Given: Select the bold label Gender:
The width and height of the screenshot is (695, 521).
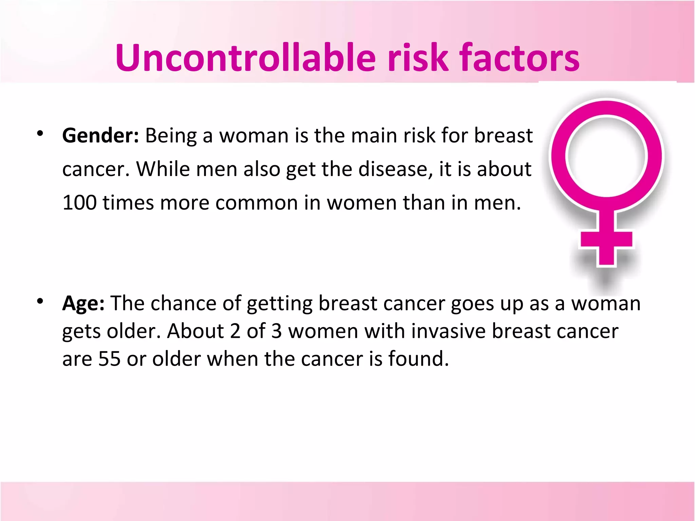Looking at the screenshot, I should click(100, 136).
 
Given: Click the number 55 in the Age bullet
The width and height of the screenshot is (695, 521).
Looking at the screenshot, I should click(109, 359).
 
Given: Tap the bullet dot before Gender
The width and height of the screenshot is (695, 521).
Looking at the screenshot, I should click(40, 133).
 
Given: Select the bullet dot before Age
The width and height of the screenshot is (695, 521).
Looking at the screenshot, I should click(40, 301).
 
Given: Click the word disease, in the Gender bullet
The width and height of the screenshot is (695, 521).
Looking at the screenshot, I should click(395, 169).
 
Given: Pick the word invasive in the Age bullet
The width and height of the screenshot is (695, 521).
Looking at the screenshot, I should click(448, 331).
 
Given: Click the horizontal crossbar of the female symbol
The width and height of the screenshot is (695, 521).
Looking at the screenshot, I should click(606, 239).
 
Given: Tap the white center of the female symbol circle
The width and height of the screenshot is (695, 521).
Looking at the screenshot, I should click(606, 156).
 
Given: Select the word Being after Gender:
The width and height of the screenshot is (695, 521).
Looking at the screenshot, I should click(171, 136).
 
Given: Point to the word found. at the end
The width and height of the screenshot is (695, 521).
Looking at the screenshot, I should click(418, 359).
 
